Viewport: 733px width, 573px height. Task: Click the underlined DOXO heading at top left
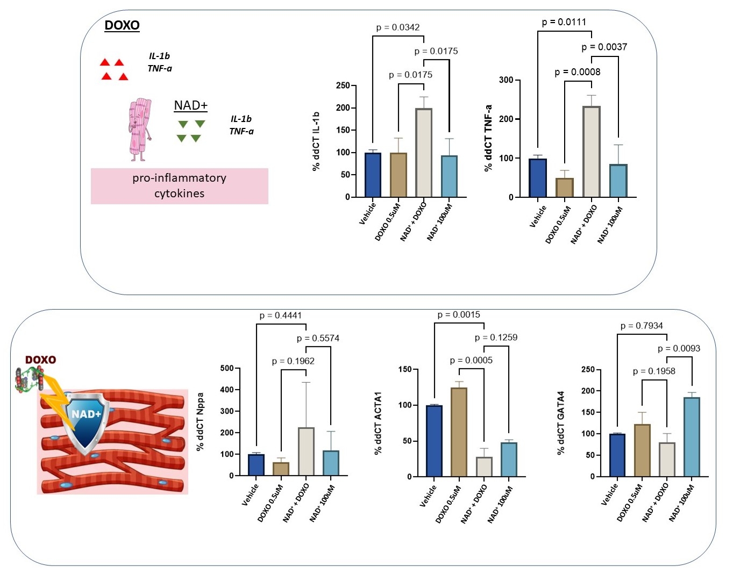pos(122,25)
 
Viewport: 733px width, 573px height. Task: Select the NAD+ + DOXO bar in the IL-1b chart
pos(424,153)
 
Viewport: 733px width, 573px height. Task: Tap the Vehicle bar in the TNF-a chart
pos(538,178)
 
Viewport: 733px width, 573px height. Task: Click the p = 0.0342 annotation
pos(398,27)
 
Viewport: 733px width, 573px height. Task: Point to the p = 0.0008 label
pos(578,72)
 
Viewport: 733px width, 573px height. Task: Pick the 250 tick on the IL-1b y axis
pos(343,85)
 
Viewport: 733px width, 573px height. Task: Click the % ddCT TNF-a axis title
pos(488,138)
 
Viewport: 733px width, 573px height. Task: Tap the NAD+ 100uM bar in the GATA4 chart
pos(692,436)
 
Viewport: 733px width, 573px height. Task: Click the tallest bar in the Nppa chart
pos(306,452)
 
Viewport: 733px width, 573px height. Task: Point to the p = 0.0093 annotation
pos(679,348)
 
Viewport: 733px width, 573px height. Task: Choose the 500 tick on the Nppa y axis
pos(227,368)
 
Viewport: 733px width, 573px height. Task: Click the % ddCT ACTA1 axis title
pos(378,422)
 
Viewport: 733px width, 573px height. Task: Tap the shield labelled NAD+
pos(87,422)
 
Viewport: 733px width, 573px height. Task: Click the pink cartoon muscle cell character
pos(140,129)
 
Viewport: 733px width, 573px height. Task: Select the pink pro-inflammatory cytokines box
pos(179,186)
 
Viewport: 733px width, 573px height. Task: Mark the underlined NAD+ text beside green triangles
pos(190,105)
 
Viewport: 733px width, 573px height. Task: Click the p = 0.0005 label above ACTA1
pos(471,360)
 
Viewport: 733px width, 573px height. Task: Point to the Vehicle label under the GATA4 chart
pos(610,495)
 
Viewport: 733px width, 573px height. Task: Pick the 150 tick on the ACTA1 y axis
pos(405,369)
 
